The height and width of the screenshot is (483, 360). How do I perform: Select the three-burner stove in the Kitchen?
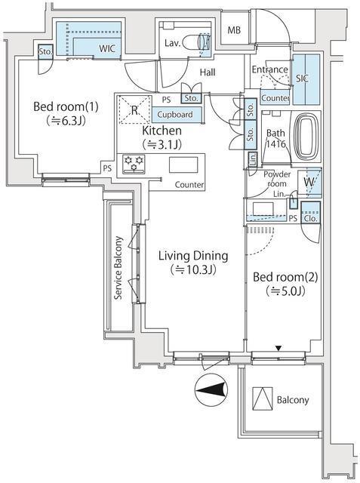pos(134,164)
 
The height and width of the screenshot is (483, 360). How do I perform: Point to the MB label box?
pos(235,30)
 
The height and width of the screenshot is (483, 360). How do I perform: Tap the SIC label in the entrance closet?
pos(303,78)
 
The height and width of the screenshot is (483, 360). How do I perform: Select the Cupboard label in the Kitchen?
pos(175,115)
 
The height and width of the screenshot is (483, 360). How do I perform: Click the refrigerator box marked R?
pos(134,110)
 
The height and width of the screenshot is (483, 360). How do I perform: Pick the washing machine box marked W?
pos(309,182)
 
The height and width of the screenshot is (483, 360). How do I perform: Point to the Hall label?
pos(208,72)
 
